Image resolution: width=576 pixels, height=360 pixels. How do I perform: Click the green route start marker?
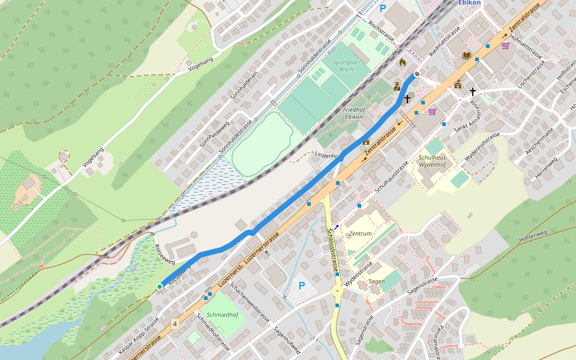pyautogui.click(x=160, y=287)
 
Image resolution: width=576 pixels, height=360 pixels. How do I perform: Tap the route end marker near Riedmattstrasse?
pyautogui.click(x=417, y=74)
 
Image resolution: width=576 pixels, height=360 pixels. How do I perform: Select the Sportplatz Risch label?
pyautogui.click(x=343, y=65)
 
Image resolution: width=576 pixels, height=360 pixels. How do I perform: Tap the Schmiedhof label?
pyautogui.click(x=222, y=314)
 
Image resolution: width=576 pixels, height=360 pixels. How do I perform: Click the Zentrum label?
pyautogui.click(x=360, y=233)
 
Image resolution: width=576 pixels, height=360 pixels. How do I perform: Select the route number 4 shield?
pyautogui.click(x=175, y=324)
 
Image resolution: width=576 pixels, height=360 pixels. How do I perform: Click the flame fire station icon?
pyautogui.click(x=403, y=62)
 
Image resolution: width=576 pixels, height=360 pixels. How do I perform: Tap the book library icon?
pyautogui.click(x=467, y=55)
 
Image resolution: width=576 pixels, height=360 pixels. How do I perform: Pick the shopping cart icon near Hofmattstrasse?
pyautogui.click(x=505, y=45)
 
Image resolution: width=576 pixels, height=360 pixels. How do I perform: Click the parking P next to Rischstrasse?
pyautogui.click(x=383, y=9)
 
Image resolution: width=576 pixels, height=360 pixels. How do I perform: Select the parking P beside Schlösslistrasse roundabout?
pyautogui.click(x=302, y=286)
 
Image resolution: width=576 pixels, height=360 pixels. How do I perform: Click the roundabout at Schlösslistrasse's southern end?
pyautogui.click(x=337, y=291)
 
